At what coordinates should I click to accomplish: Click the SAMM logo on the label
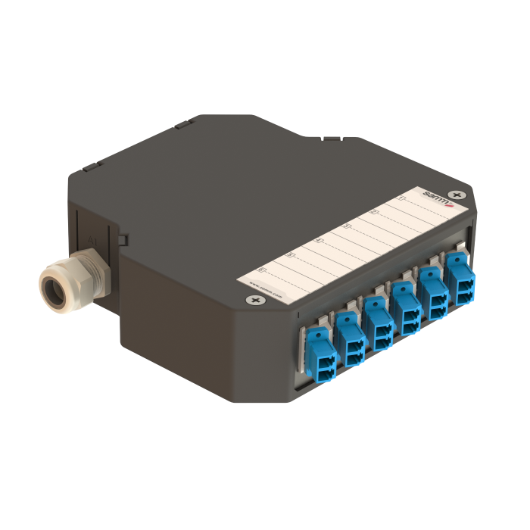coord(437,198)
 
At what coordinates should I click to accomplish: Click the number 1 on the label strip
coord(401,200)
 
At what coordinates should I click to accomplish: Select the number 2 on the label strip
coord(374,213)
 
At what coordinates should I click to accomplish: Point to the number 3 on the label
coord(347,226)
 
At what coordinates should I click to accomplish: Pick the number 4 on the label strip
coord(319,241)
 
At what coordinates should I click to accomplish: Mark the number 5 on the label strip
coord(291,255)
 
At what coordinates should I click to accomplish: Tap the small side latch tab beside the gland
coord(122,240)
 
